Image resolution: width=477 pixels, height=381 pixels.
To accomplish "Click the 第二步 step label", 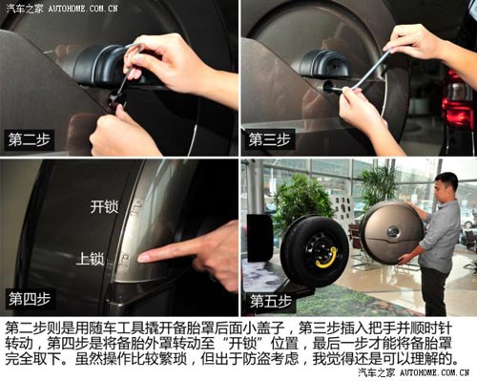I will click(31, 138).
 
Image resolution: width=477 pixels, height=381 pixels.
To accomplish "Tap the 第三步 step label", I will click(270, 138).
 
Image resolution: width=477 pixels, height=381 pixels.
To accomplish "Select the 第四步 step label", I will click(31, 297).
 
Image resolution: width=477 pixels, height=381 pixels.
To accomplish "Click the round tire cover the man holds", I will click(391, 231).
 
